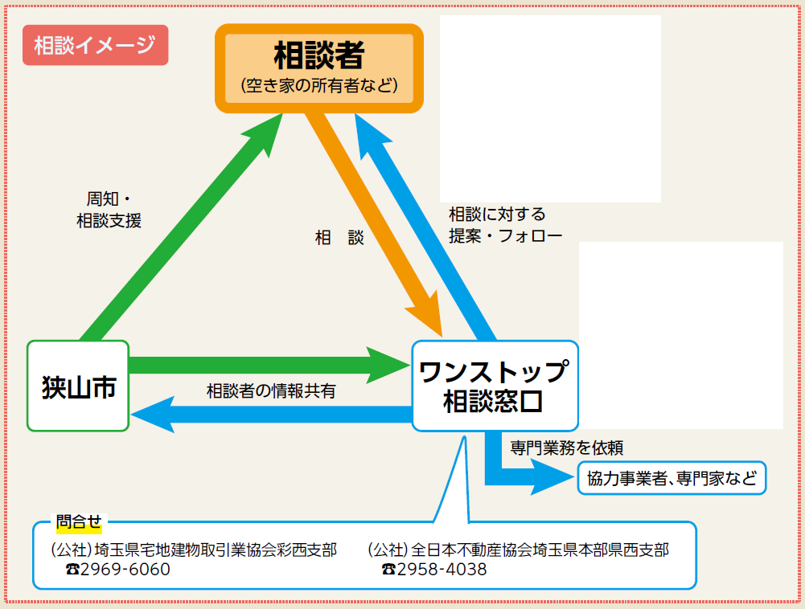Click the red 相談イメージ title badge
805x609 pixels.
[95, 45]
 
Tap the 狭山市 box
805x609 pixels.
[78, 386]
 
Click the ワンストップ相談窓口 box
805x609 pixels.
[494, 386]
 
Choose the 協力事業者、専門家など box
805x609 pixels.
[672, 479]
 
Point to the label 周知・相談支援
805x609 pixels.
[109, 210]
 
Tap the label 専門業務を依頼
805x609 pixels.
[566, 448]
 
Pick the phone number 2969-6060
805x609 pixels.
[125, 569]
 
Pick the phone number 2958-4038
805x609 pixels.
[442, 569]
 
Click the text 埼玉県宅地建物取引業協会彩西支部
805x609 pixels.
[215, 550]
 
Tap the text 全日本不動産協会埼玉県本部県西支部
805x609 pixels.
[540, 550]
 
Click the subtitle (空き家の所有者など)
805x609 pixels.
[319, 85]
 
